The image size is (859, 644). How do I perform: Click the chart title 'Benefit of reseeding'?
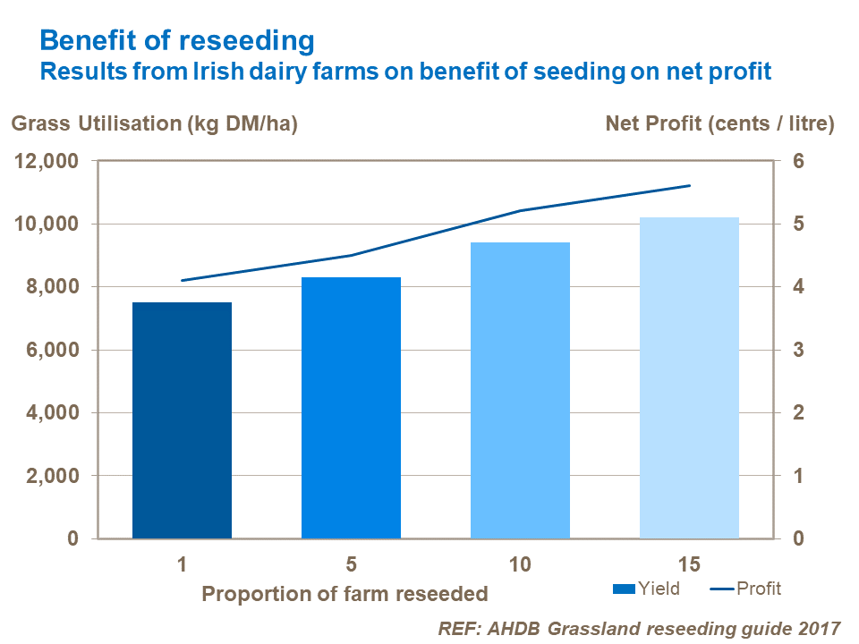pos(177,40)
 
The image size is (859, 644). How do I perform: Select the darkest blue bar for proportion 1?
pos(182,420)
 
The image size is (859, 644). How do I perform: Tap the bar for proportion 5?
pos(351,408)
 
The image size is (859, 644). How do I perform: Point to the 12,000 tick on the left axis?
pos(47,162)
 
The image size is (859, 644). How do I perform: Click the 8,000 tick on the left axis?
pos(53,287)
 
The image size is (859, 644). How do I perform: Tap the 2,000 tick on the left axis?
pos(53,476)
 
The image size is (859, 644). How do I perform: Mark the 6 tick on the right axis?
pos(799,162)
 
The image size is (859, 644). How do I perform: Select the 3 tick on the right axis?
pos(799,351)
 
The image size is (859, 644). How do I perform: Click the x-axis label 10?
pos(520,565)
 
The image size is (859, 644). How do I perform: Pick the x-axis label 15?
pos(689,565)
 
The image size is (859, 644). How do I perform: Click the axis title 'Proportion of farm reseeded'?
pos(344,593)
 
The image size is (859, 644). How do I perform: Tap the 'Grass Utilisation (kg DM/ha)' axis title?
pos(154,124)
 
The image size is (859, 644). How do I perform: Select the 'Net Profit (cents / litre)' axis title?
pos(720,124)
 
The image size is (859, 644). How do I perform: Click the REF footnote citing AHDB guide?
pos(640,629)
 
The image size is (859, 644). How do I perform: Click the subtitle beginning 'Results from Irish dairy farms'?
pos(405,72)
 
